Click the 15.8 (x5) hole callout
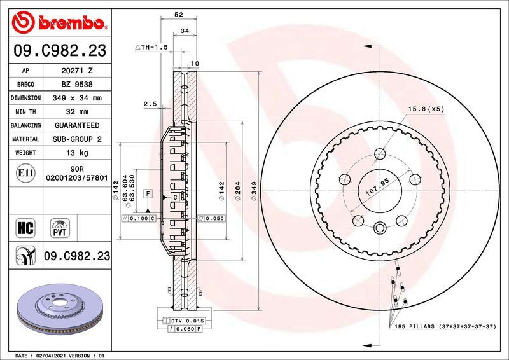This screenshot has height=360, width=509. pyautogui.click(x=426, y=109)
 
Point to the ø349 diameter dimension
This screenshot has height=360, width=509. pyautogui.click(x=254, y=191)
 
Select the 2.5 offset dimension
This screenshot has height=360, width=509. pyautogui.click(x=150, y=104)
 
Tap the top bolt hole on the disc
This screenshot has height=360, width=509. pyautogui.click(x=380, y=153)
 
